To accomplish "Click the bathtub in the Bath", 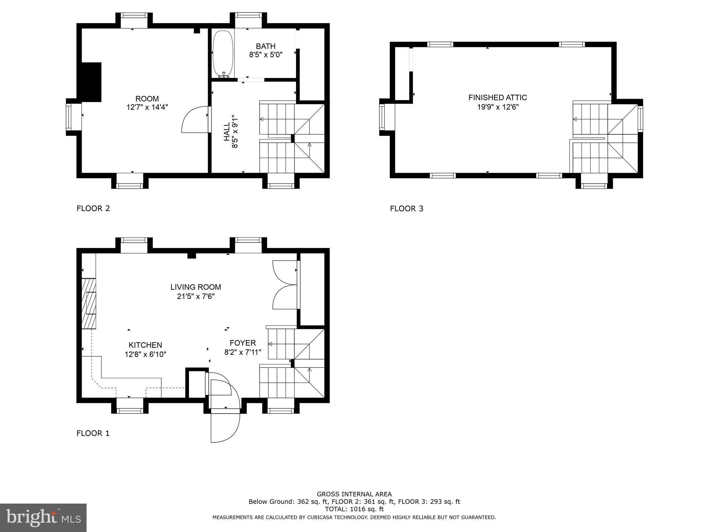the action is [223, 54].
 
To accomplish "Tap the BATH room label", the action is [266, 46].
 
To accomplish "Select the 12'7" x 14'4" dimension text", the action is [147, 107].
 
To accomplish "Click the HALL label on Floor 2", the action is [227, 132].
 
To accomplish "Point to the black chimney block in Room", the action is [91, 82].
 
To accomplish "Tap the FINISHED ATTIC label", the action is [498, 98].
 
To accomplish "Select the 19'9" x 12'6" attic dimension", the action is [498, 107].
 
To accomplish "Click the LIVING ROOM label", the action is [196, 287].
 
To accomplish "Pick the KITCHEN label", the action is [145, 345].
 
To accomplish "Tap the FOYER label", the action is [243, 343].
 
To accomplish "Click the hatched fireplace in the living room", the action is [89, 303].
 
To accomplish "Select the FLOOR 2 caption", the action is [93, 209].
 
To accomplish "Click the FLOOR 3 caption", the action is [406, 209].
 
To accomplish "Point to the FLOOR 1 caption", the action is [93, 433].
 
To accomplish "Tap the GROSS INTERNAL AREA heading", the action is [354, 494].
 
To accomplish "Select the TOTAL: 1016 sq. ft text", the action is [354, 509].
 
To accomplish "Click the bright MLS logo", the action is [43, 518].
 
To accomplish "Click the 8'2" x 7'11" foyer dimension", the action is [243, 353].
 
